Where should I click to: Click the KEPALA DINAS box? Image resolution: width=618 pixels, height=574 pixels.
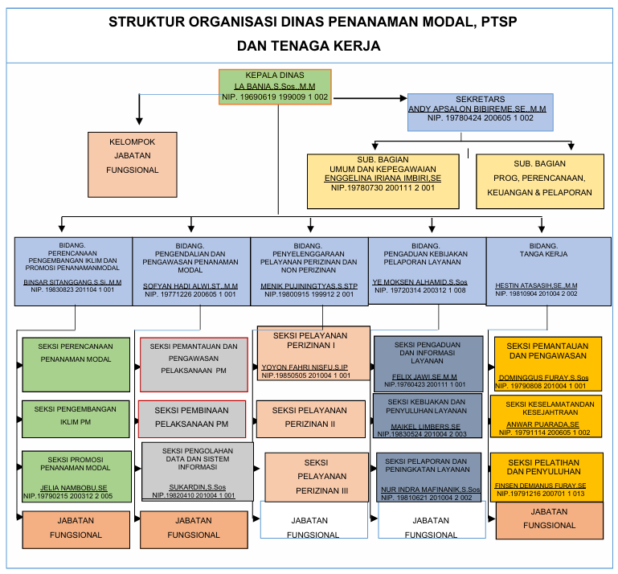[x=275, y=86]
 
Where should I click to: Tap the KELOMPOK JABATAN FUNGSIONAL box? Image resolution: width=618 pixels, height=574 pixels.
[x=133, y=164]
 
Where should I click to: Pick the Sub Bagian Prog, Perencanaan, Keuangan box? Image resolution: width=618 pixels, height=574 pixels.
[x=540, y=182]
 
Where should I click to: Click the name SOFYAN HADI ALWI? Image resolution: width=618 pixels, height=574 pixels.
[x=190, y=285]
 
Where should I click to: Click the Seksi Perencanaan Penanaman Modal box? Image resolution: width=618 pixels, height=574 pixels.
[x=76, y=363]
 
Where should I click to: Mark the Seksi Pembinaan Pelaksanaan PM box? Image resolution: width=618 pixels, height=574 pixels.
[x=191, y=418]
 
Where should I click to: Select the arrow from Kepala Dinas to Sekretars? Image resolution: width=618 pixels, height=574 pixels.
[x=369, y=99]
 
